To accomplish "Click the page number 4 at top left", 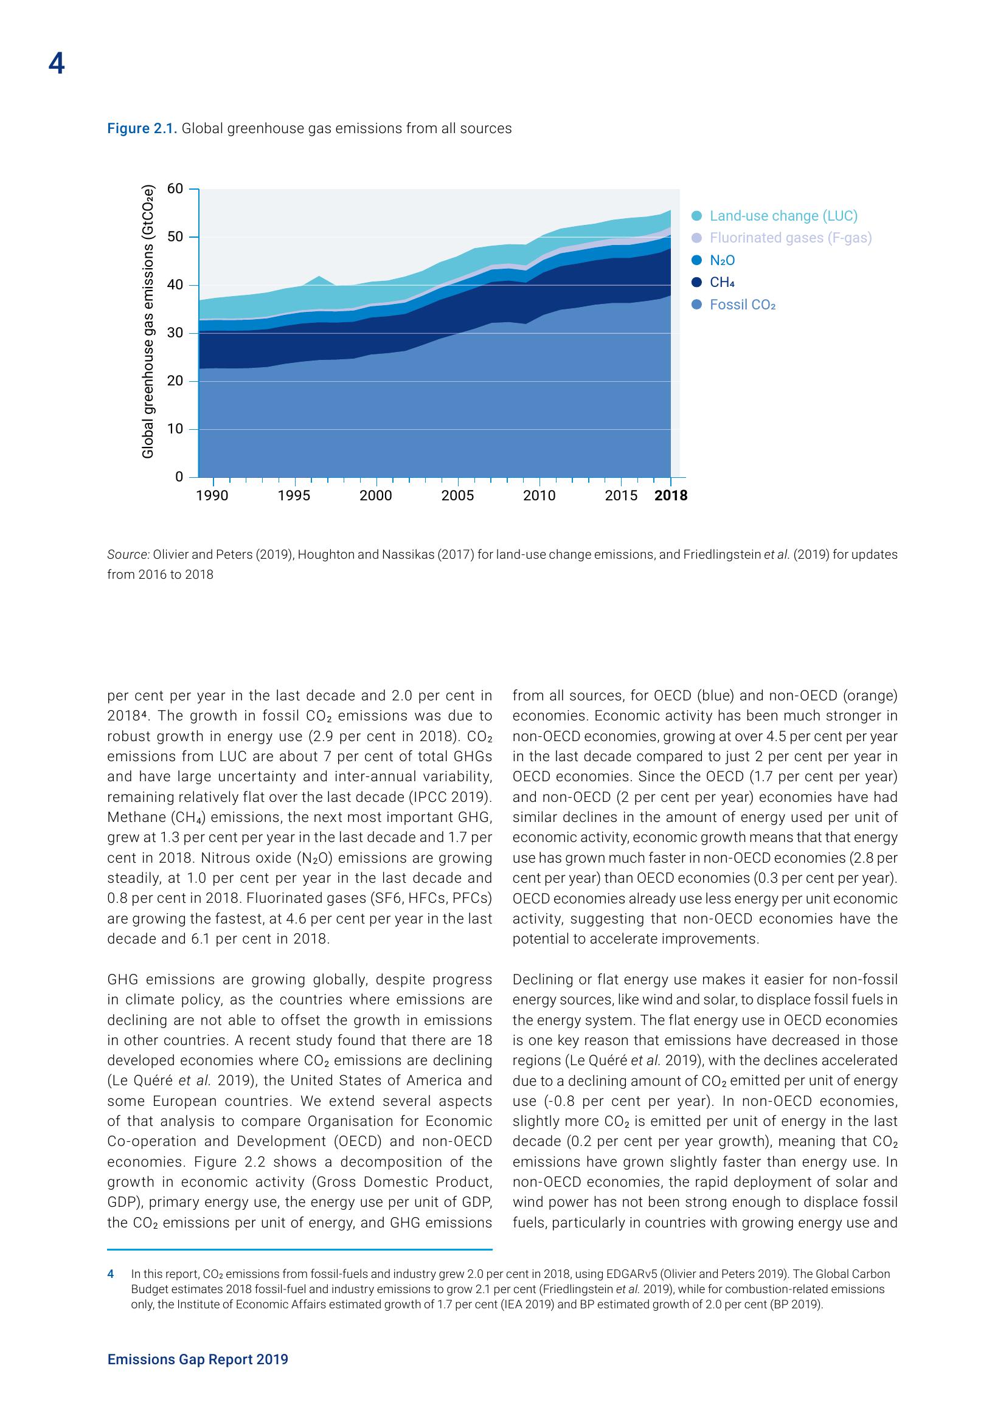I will click(x=56, y=64).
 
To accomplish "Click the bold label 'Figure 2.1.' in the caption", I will click(x=142, y=129).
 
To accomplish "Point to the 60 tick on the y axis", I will click(x=175, y=189).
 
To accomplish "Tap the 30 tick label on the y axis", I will click(x=175, y=333).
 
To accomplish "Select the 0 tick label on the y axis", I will click(x=179, y=477).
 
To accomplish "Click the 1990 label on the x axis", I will click(x=212, y=496).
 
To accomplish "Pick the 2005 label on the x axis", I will click(x=458, y=496).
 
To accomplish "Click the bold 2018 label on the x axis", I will click(x=671, y=496).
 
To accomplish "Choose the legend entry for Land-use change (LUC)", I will click(x=783, y=216).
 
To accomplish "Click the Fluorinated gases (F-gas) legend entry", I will click(x=791, y=238).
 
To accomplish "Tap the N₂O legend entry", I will click(x=723, y=261).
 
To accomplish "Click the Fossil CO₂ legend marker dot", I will click(x=697, y=305).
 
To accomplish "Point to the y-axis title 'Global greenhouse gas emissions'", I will click(x=147, y=322).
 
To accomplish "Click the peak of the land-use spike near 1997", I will click(x=318, y=277).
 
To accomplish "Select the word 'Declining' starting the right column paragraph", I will click(x=539, y=979).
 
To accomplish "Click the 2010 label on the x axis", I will click(x=539, y=496).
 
